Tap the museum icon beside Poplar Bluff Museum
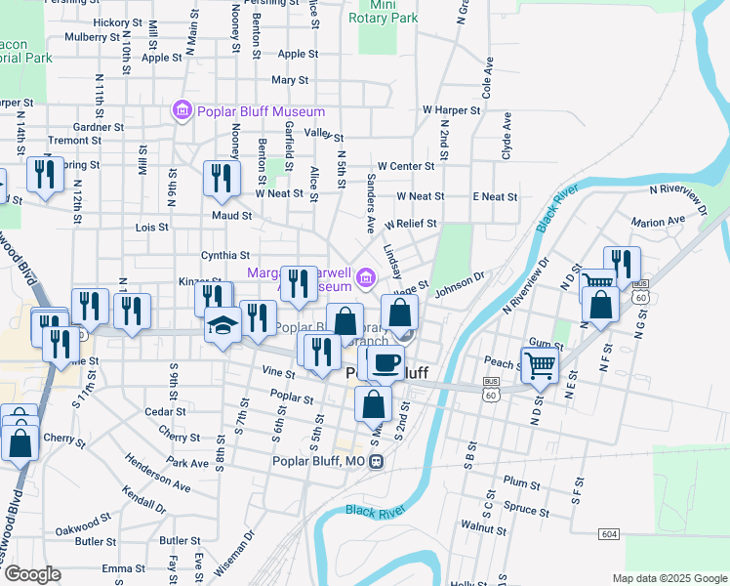coord(181,111)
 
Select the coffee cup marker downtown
coord(385,362)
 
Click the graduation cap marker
coord(223,325)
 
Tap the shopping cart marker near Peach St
coord(539,366)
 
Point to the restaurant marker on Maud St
coord(222,178)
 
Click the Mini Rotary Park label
coord(388,12)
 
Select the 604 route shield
coord(609,534)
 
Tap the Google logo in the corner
coord(31,574)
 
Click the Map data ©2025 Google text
coord(668,578)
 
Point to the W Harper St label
coord(451,110)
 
